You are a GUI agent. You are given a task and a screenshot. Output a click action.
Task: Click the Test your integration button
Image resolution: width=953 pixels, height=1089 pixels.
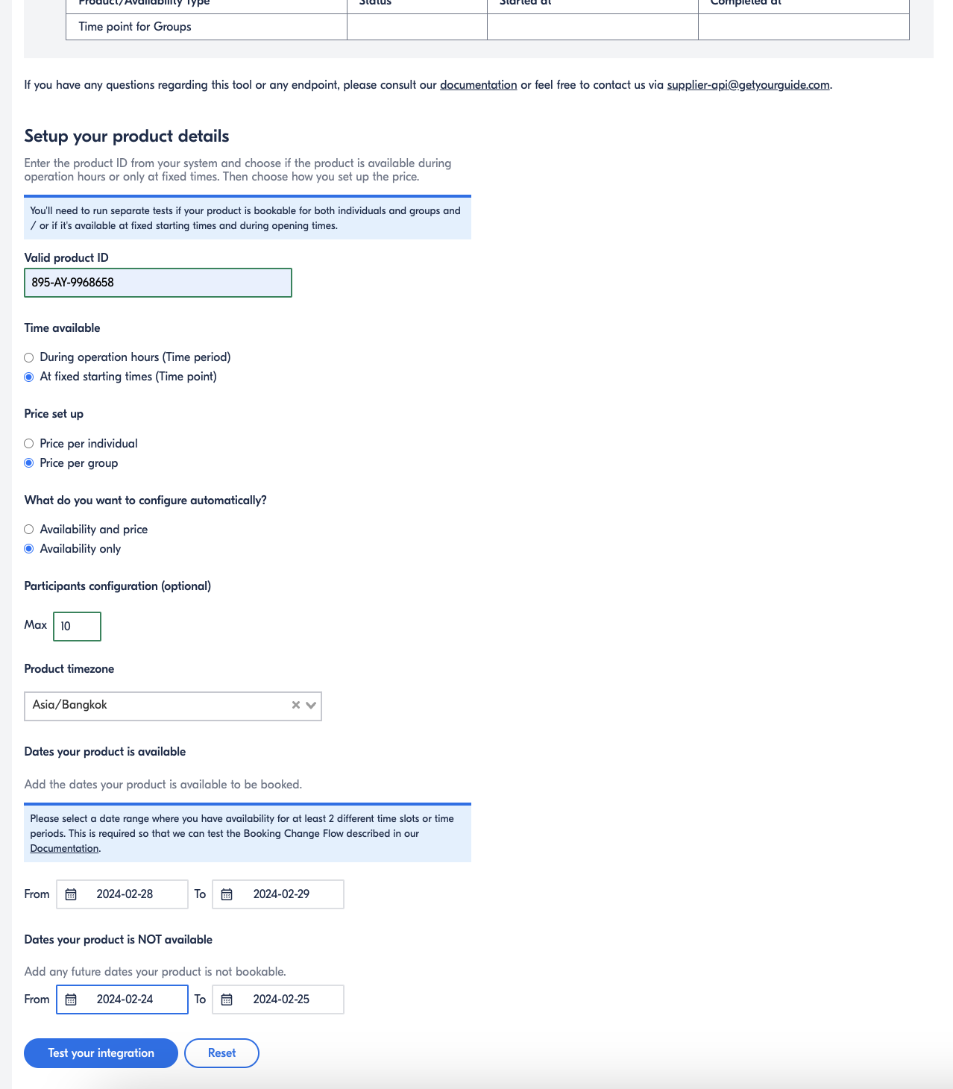(101, 1053)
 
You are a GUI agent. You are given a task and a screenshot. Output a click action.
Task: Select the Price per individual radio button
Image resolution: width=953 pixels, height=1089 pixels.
(29, 444)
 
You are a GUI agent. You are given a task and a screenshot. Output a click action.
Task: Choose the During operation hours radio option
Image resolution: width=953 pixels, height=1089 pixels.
(29, 358)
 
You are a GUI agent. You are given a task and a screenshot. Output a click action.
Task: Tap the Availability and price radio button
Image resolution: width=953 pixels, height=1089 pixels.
(29, 530)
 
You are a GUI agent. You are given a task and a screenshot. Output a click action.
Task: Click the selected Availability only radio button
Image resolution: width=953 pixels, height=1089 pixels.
(29, 549)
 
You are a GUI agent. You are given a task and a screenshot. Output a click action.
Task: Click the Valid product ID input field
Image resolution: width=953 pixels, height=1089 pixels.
(158, 283)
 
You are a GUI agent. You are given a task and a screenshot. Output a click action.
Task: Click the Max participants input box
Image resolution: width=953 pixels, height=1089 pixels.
(77, 627)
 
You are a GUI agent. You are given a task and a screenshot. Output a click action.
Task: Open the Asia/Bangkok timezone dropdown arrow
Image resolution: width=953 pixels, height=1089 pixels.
(312, 706)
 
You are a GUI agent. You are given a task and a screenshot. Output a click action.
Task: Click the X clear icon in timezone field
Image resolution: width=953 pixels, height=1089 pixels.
(295, 706)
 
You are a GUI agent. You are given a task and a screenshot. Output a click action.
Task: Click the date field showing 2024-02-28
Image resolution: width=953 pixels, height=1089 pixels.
(124, 894)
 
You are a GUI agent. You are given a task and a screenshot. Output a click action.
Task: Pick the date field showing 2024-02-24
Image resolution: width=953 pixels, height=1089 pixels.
(124, 999)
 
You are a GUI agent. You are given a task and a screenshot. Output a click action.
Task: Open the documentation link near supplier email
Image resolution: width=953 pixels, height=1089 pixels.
(478, 85)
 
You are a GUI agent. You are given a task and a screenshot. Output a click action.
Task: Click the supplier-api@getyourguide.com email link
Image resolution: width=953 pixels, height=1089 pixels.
(748, 85)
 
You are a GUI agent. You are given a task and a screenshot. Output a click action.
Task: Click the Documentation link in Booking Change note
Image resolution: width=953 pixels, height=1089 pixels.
(64, 849)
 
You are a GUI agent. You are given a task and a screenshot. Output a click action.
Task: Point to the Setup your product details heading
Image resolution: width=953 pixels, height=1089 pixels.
(127, 136)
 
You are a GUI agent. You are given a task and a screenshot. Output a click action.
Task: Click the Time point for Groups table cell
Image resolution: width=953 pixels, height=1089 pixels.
(135, 27)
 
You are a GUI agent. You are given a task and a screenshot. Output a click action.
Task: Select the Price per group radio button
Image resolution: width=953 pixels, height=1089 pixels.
(29, 463)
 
